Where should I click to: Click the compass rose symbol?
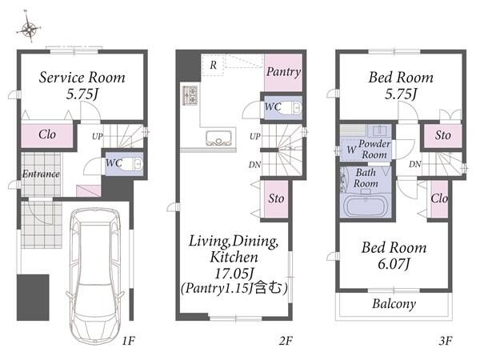pos(29,28)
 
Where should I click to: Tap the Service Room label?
pos(82,78)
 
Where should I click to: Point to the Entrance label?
pos(41,174)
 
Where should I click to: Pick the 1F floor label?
pos(129,341)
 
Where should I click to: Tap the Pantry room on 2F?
pos(283,72)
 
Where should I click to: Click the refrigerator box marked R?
pos(213,66)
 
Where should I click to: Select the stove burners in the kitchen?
pos(190,95)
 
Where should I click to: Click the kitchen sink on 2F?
pos(218,138)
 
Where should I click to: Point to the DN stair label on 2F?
pos(254,165)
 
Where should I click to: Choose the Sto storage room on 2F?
pos(276,199)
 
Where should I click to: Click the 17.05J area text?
pos(234,273)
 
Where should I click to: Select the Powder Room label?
pos(374,149)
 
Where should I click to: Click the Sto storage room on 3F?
pos(442,136)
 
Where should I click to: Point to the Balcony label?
pos(394,304)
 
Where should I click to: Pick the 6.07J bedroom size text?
pos(394,264)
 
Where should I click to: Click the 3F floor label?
pos(446,341)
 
